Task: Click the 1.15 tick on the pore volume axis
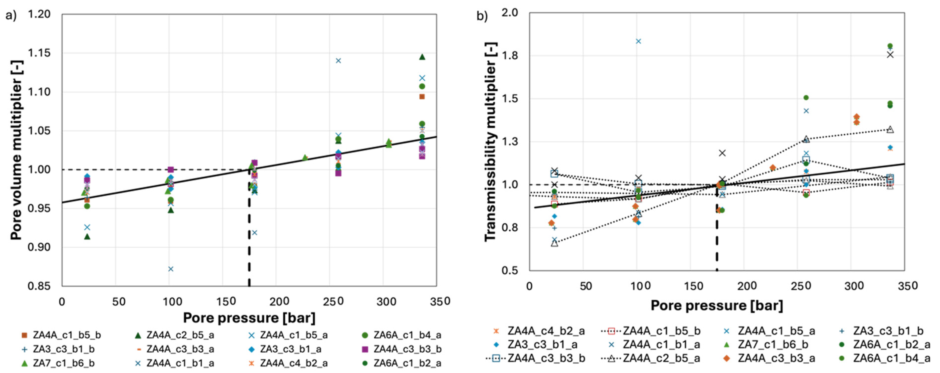39,53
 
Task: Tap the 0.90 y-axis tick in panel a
39,247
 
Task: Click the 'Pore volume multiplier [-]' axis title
16,150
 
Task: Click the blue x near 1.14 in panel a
338,60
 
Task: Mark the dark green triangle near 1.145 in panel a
422,57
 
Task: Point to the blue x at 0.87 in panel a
170,269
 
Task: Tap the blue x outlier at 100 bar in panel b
638,41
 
